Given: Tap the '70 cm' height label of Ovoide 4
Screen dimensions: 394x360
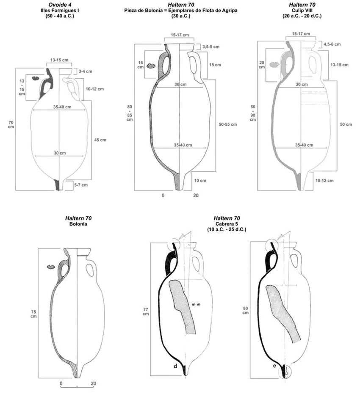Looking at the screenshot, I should click(x=11, y=125).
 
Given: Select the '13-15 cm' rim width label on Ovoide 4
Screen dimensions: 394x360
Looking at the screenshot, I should click(x=59, y=61).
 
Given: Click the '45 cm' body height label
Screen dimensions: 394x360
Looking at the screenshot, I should click(x=100, y=140).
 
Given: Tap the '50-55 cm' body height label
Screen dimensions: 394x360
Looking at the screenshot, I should click(x=228, y=124).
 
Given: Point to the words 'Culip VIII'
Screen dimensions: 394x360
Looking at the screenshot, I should click(x=301, y=10).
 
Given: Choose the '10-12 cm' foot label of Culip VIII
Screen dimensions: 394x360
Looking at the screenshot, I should click(x=325, y=181).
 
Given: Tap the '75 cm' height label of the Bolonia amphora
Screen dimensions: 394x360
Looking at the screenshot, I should click(x=33, y=313).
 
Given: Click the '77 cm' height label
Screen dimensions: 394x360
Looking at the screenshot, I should click(x=145, y=311).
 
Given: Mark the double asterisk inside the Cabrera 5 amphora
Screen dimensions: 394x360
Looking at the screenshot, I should click(x=196, y=305).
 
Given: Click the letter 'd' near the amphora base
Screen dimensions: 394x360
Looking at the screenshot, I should click(x=175, y=366).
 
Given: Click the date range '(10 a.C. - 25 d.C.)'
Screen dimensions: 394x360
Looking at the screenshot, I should click(x=227, y=229).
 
